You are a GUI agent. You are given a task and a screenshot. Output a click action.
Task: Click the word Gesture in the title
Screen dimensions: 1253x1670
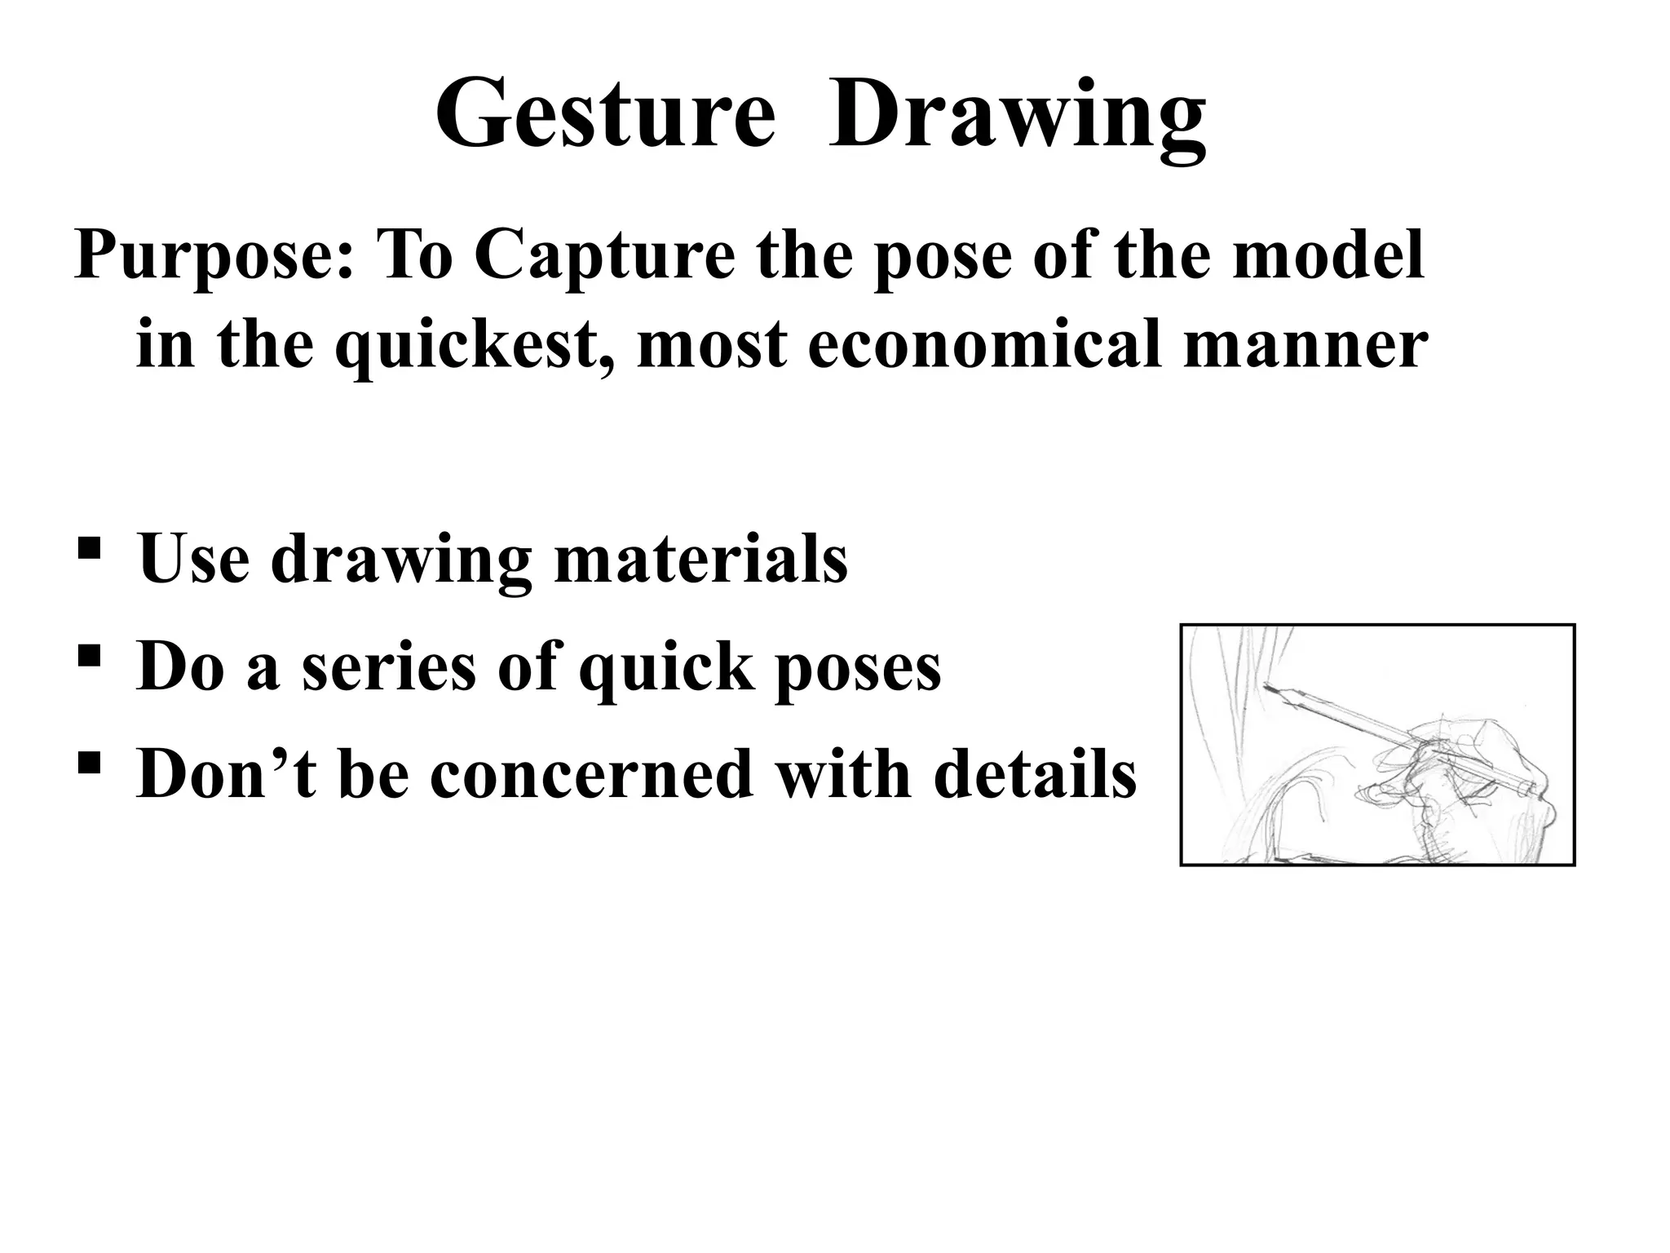coord(605,115)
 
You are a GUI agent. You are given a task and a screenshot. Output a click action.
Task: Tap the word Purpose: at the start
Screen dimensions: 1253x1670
coord(214,256)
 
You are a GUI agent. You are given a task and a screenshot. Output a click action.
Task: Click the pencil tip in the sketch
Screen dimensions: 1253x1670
coord(1266,688)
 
